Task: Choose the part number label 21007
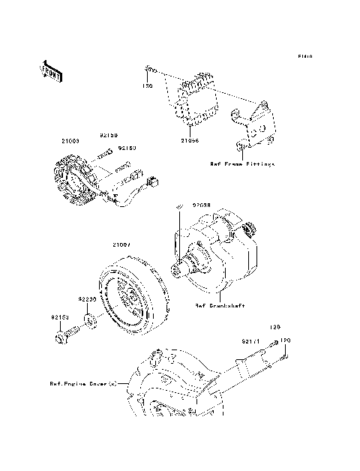(122, 244)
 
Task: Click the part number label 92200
(88, 298)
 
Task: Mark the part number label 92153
(61, 317)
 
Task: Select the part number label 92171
(250, 341)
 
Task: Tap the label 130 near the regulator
(148, 86)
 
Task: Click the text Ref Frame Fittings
(241, 163)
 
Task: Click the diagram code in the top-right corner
(304, 56)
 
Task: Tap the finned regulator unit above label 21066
(196, 97)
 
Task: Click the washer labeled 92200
(89, 323)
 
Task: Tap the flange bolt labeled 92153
(64, 337)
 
